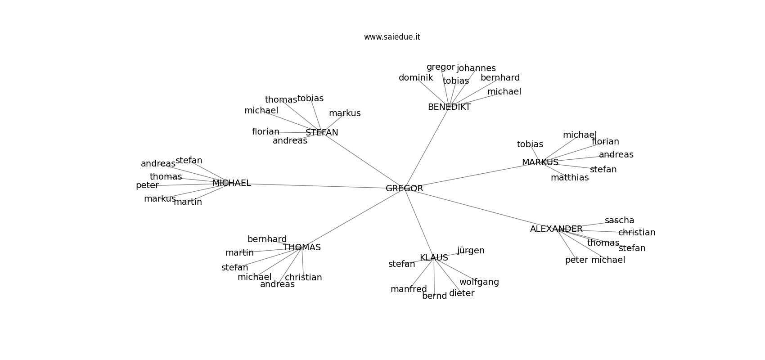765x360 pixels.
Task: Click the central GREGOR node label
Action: [x=405, y=188]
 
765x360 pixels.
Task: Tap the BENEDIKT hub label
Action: [x=449, y=107]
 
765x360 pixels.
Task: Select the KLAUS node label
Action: [x=434, y=257]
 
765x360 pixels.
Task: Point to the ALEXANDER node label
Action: [x=556, y=229]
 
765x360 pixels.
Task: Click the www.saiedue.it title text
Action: [x=392, y=37]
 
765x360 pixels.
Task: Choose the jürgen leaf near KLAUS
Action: [x=471, y=250]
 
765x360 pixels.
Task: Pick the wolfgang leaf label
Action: [x=479, y=282]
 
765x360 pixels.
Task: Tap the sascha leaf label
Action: [x=620, y=220]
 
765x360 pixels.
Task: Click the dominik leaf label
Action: [x=416, y=77]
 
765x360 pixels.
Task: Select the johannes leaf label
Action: [x=476, y=68]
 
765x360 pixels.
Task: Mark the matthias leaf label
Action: [x=570, y=178]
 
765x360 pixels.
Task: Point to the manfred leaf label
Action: [x=409, y=289]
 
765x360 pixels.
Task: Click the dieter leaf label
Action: [x=462, y=293]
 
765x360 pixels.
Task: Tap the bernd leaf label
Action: [x=434, y=296]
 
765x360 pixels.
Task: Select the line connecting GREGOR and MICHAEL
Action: [x=318, y=186]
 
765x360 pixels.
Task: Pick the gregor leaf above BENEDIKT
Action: [x=441, y=67]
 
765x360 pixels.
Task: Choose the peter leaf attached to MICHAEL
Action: [x=147, y=185]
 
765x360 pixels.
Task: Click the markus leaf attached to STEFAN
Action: [x=345, y=113]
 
